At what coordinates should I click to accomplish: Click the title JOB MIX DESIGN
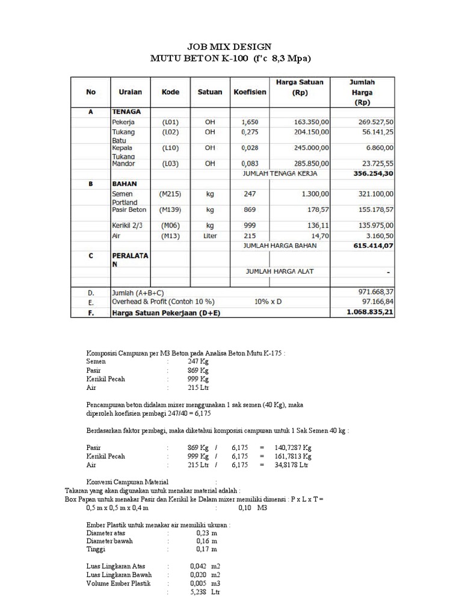click(x=230, y=46)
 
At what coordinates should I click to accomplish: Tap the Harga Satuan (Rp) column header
click(x=299, y=87)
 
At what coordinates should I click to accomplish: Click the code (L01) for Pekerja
click(x=170, y=122)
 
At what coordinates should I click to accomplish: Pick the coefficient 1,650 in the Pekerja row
click(x=249, y=122)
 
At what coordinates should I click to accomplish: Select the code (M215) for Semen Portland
click(x=170, y=194)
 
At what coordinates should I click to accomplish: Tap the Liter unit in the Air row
click(x=209, y=236)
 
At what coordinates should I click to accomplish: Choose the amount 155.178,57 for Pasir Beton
click(x=371, y=210)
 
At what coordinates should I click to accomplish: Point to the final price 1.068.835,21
click(x=370, y=313)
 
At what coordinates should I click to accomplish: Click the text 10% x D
click(x=271, y=302)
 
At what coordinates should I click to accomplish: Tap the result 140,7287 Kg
click(x=292, y=448)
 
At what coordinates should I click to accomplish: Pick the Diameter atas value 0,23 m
click(x=206, y=532)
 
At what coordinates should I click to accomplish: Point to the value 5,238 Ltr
click(x=205, y=592)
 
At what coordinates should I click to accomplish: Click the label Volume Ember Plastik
click(x=119, y=584)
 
